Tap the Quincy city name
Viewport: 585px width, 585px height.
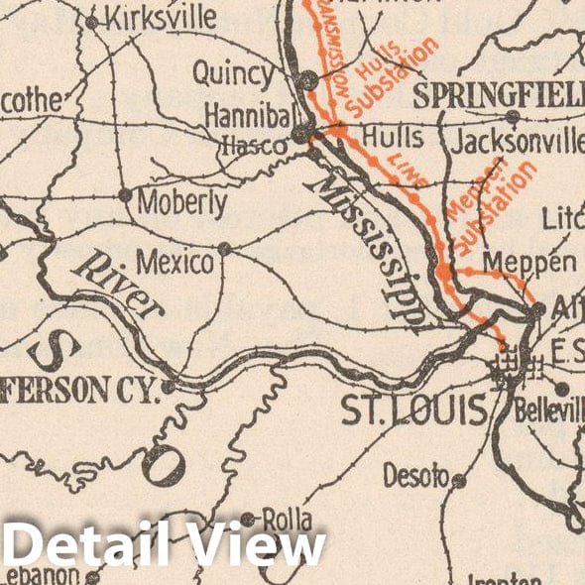pyautogui.click(x=233, y=73)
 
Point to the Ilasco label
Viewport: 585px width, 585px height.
pyautogui.click(x=255, y=145)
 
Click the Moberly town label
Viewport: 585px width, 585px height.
pyautogui.click(x=182, y=203)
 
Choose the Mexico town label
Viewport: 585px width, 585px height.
pyautogui.click(x=175, y=263)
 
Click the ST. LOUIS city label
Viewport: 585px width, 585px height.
pyautogui.click(x=415, y=409)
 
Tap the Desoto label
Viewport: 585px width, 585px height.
pyautogui.click(x=415, y=476)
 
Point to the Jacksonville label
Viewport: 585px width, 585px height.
pyautogui.click(x=517, y=142)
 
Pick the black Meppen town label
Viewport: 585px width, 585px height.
pyautogui.click(x=529, y=262)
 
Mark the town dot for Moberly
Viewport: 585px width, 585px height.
pyautogui.click(x=125, y=194)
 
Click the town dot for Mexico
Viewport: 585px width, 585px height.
pyautogui.click(x=225, y=248)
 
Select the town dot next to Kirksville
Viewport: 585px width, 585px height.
pyautogui.click(x=92, y=21)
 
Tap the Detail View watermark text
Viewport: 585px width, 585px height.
pyautogui.click(x=164, y=546)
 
